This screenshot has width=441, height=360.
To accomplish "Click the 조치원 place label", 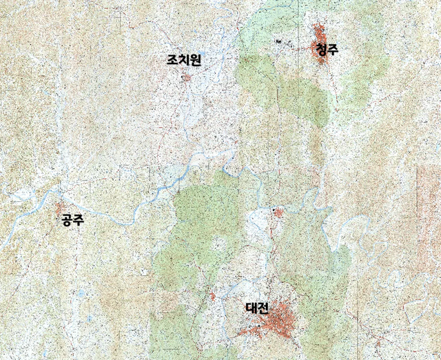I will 183,61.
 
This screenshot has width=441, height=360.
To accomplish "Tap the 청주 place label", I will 327,50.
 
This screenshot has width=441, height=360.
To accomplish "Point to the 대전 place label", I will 257,308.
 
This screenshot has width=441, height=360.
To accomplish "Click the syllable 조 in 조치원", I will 172,61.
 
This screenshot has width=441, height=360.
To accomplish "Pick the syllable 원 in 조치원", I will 194,61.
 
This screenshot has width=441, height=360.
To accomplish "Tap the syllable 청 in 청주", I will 322,50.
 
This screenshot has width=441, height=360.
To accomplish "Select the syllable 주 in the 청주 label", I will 334,50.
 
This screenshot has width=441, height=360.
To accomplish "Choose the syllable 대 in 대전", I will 252,308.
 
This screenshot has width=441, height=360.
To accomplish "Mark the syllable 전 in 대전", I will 263,308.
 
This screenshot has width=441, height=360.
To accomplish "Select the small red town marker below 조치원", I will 185,77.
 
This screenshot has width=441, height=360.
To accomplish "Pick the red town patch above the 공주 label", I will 61,207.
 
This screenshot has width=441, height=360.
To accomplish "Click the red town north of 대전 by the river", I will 278,213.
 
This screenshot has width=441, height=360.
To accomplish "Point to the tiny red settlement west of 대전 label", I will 213,297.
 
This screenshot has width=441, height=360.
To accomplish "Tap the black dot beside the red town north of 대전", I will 273,208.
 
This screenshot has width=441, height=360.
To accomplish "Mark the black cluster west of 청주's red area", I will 278,42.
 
